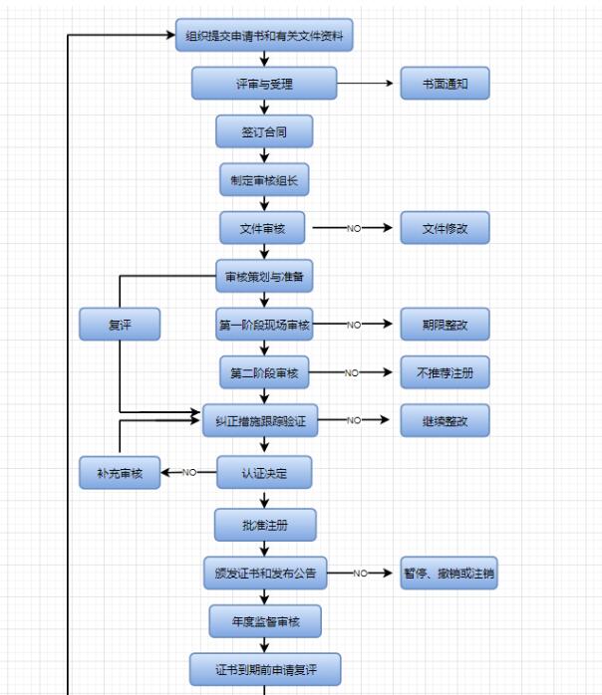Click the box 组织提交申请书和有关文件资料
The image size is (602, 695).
click(264, 37)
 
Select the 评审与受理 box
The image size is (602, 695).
click(264, 84)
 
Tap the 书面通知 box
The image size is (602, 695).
click(446, 84)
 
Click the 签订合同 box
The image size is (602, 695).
click(264, 131)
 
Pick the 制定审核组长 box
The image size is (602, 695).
click(264, 180)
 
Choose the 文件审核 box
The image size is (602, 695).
click(263, 228)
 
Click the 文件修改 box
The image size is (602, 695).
click(446, 228)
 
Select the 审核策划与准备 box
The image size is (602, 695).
click(264, 276)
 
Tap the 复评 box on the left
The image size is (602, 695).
click(120, 325)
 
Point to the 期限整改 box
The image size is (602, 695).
click(446, 325)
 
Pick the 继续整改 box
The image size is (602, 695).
click(446, 421)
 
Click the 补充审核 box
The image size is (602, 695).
click(120, 473)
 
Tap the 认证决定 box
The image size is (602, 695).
click(264, 473)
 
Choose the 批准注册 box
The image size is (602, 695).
click(264, 524)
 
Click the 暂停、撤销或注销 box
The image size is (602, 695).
click(449, 573)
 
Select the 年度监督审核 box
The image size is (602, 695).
click(264, 621)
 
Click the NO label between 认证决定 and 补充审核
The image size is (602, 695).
click(189, 473)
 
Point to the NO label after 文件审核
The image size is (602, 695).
click(354, 228)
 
